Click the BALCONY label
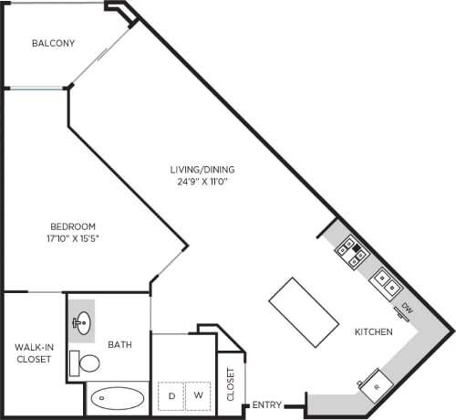53,43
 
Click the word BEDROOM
72,226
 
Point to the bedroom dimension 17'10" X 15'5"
72,239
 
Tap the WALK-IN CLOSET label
32,352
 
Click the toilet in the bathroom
88,363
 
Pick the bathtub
117,399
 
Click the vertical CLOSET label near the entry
231,383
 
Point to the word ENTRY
267,404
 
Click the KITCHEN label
374,332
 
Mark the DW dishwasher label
408,310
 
